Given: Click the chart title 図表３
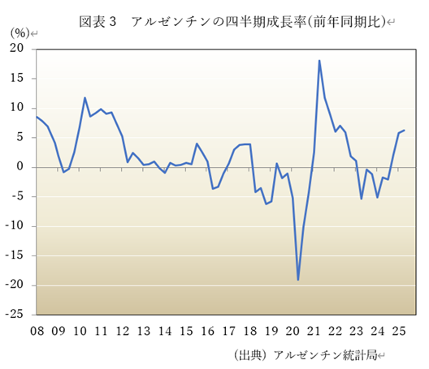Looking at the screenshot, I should [x=97, y=20].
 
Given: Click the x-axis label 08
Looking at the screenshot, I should [x=37, y=331].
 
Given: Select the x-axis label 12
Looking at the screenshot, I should [x=122, y=331].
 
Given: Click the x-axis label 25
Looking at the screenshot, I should [x=399, y=331].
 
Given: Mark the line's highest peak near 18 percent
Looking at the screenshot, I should [x=319, y=61].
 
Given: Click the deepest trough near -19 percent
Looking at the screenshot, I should [x=298, y=280].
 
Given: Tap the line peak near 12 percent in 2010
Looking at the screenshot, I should [x=85, y=98].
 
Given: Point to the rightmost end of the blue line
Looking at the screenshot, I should [x=405, y=130].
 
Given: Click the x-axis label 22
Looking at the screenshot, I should [x=335, y=331].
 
